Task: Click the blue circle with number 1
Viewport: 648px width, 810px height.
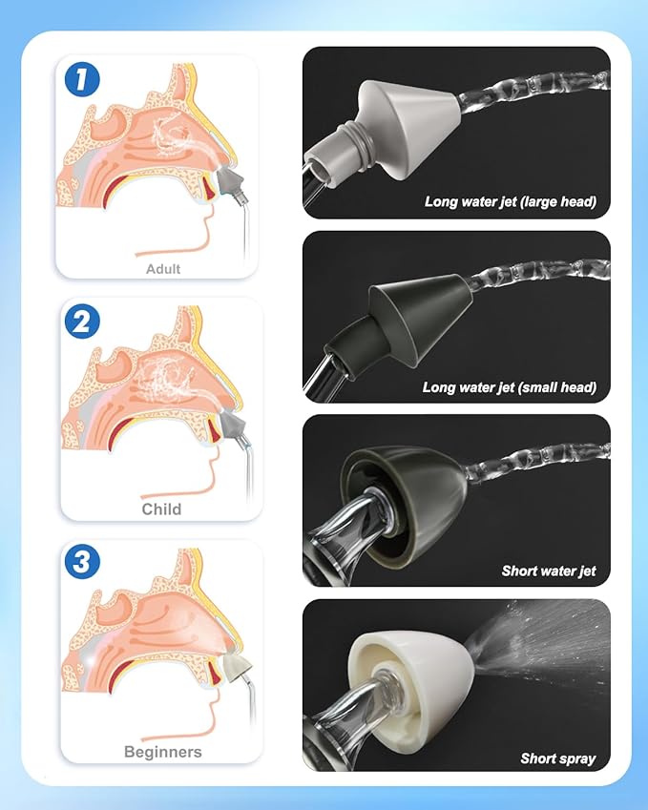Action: pos(82,79)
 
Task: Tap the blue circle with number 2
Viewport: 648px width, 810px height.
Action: pos(82,322)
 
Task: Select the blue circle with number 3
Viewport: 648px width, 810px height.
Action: pos(82,562)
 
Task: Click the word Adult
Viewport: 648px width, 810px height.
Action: pos(163,269)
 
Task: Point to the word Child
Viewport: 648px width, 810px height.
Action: pos(161,509)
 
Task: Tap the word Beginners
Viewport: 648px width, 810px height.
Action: pos(163,752)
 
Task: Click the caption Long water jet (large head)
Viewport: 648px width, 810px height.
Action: pos(511,201)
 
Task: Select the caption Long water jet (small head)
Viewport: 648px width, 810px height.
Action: pos(510,387)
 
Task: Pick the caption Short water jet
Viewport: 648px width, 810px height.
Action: pos(549,571)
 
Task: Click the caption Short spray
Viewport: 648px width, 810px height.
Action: pos(558,758)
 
